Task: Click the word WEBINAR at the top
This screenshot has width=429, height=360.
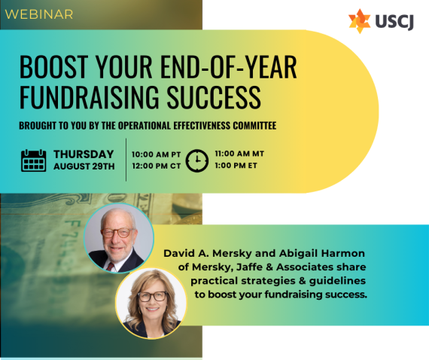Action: click(x=39, y=14)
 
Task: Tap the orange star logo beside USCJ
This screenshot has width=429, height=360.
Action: click(x=360, y=21)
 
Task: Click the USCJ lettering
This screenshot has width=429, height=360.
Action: click(x=394, y=21)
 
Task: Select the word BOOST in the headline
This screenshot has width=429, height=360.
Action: click(x=54, y=67)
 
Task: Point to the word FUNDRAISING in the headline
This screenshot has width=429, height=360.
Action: click(x=90, y=97)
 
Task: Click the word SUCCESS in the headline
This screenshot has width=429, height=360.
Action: click(x=214, y=97)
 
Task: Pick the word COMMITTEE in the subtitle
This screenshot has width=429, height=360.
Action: click(x=254, y=125)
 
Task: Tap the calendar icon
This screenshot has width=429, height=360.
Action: click(x=34, y=160)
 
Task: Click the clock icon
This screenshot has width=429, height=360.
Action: click(x=197, y=160)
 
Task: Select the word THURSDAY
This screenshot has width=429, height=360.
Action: click(x=84, y=154)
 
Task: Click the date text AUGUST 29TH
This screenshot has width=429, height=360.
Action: click(x=84, y=166)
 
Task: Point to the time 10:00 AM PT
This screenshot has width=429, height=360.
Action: click(x=157, y=154)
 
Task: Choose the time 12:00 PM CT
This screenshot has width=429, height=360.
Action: click(x=157, y=166)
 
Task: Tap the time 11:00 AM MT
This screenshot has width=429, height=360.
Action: click(x=239, y=154)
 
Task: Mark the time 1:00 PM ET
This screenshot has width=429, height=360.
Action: click(x=236, y=166)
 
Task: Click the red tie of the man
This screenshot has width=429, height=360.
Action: click(x=110, y=267)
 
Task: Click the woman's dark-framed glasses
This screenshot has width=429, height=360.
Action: click(x=153, y=296)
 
